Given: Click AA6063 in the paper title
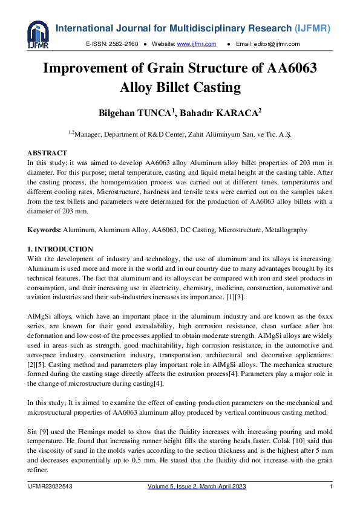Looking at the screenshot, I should click(292, 68).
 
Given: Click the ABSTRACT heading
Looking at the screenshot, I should click(47, 153).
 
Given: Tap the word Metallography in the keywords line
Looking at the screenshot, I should click(285, 230).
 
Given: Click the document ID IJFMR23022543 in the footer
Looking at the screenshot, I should click(53, 487).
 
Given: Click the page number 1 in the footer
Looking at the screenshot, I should click(331, 487).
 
